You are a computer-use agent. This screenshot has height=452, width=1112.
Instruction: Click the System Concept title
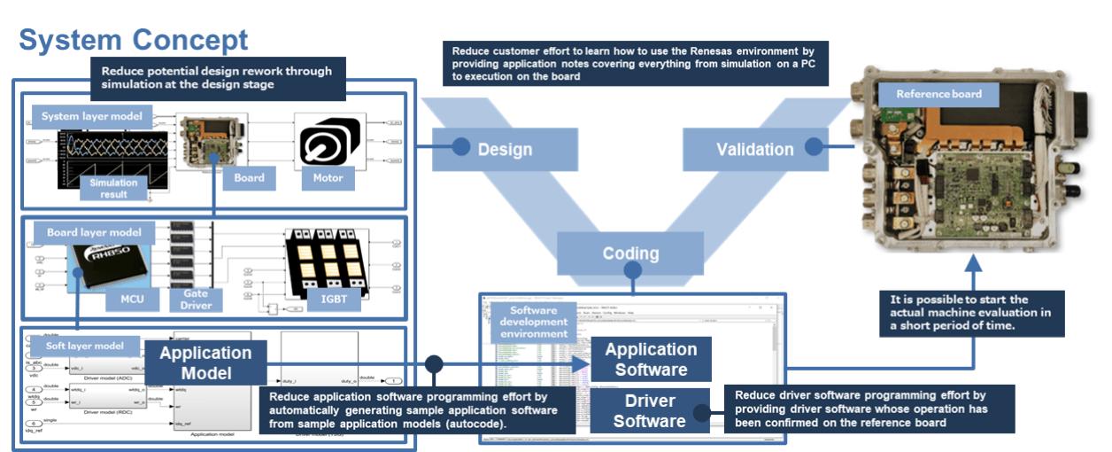(x=134, y=40)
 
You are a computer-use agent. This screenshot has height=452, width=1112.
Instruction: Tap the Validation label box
(x=753, y=149)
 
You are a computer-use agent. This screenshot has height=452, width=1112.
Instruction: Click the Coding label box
(x=630, y=253)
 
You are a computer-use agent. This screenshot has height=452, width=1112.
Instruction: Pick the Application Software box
(x=651, y=359)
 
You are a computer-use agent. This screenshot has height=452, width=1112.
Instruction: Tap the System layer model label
(x=92, y=115)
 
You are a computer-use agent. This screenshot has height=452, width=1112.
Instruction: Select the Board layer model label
(x=94, y=233)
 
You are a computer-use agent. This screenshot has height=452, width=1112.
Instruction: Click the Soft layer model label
(x=84, y=345)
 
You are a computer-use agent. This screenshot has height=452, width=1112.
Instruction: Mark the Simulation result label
(x=113, y=188)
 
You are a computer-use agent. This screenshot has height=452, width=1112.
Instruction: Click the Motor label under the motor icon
(x=328, y=177)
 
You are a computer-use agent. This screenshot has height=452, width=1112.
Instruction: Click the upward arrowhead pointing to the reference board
(x=972, y=263)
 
